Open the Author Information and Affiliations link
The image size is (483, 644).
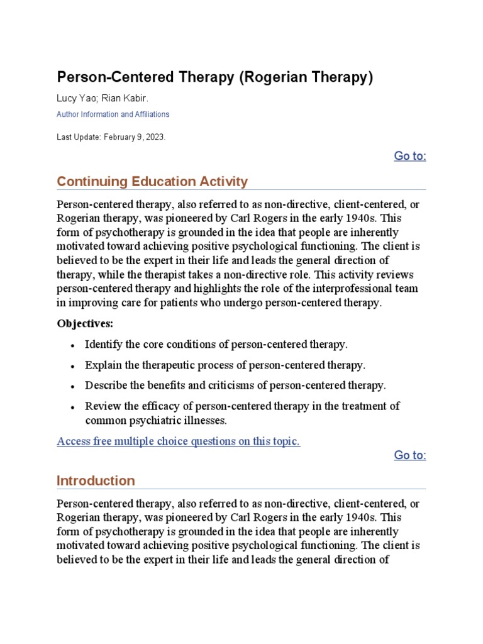[x=113, y=114]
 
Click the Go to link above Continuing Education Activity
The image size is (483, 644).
[x=409, y=156]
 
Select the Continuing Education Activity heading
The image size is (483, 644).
[x=152, y=182]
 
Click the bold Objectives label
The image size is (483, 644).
[x=85, y=324]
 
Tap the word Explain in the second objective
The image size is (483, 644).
[x=103, y=365]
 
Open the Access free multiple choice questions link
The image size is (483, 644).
[x=179, y=441]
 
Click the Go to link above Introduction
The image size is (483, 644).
[x=409, y=455]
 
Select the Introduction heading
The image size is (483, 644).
[x=96, y=480]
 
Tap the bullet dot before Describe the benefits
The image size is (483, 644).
[x=74, y=386]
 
